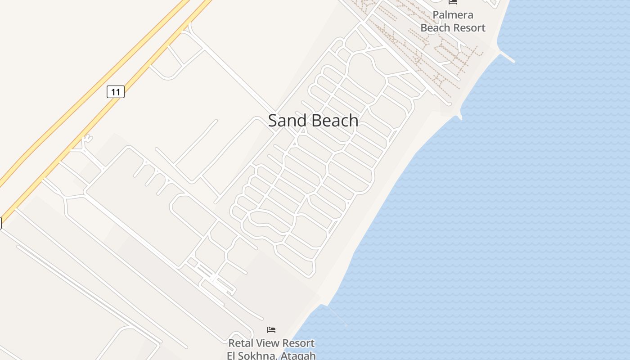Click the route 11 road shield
(116, 92)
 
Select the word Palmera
(453, 15)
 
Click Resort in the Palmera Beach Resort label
(470, 28)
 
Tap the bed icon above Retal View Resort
(271, 330)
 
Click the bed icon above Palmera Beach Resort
(453, 2)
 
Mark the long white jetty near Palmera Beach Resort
(507, 57)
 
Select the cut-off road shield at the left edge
(0, 223)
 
